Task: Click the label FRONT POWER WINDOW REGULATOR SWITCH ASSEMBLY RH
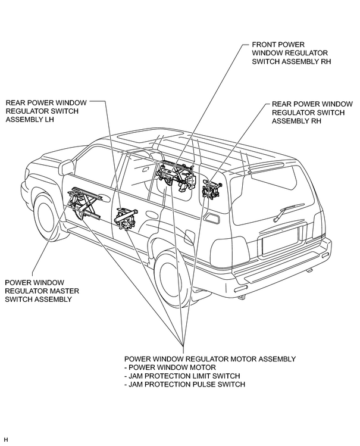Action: coord(291,53)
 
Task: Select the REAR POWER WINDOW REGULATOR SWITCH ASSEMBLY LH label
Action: coord(46,111)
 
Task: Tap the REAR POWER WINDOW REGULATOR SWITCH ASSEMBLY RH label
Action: coord(312,113)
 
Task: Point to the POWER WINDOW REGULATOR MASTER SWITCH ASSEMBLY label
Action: coord(42,291)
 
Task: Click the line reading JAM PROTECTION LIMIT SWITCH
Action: coord(184,376)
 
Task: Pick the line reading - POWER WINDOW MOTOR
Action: coord(170,367)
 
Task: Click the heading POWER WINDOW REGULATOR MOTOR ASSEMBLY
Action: coord(210,358)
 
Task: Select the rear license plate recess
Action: coord(280,241)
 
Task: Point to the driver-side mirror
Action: coord(67,167)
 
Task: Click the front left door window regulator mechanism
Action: coord(84,202)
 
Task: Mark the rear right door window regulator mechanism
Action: coord(212,188)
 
